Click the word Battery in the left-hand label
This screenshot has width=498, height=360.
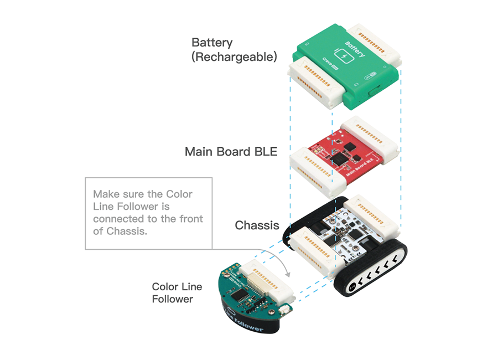pos(212,43)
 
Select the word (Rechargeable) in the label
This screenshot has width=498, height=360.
pos(234,57)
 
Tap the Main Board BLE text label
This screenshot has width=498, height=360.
pos(231,152)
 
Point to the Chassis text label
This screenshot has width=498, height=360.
pos(257,225)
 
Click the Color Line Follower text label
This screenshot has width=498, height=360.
pos(177,293)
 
